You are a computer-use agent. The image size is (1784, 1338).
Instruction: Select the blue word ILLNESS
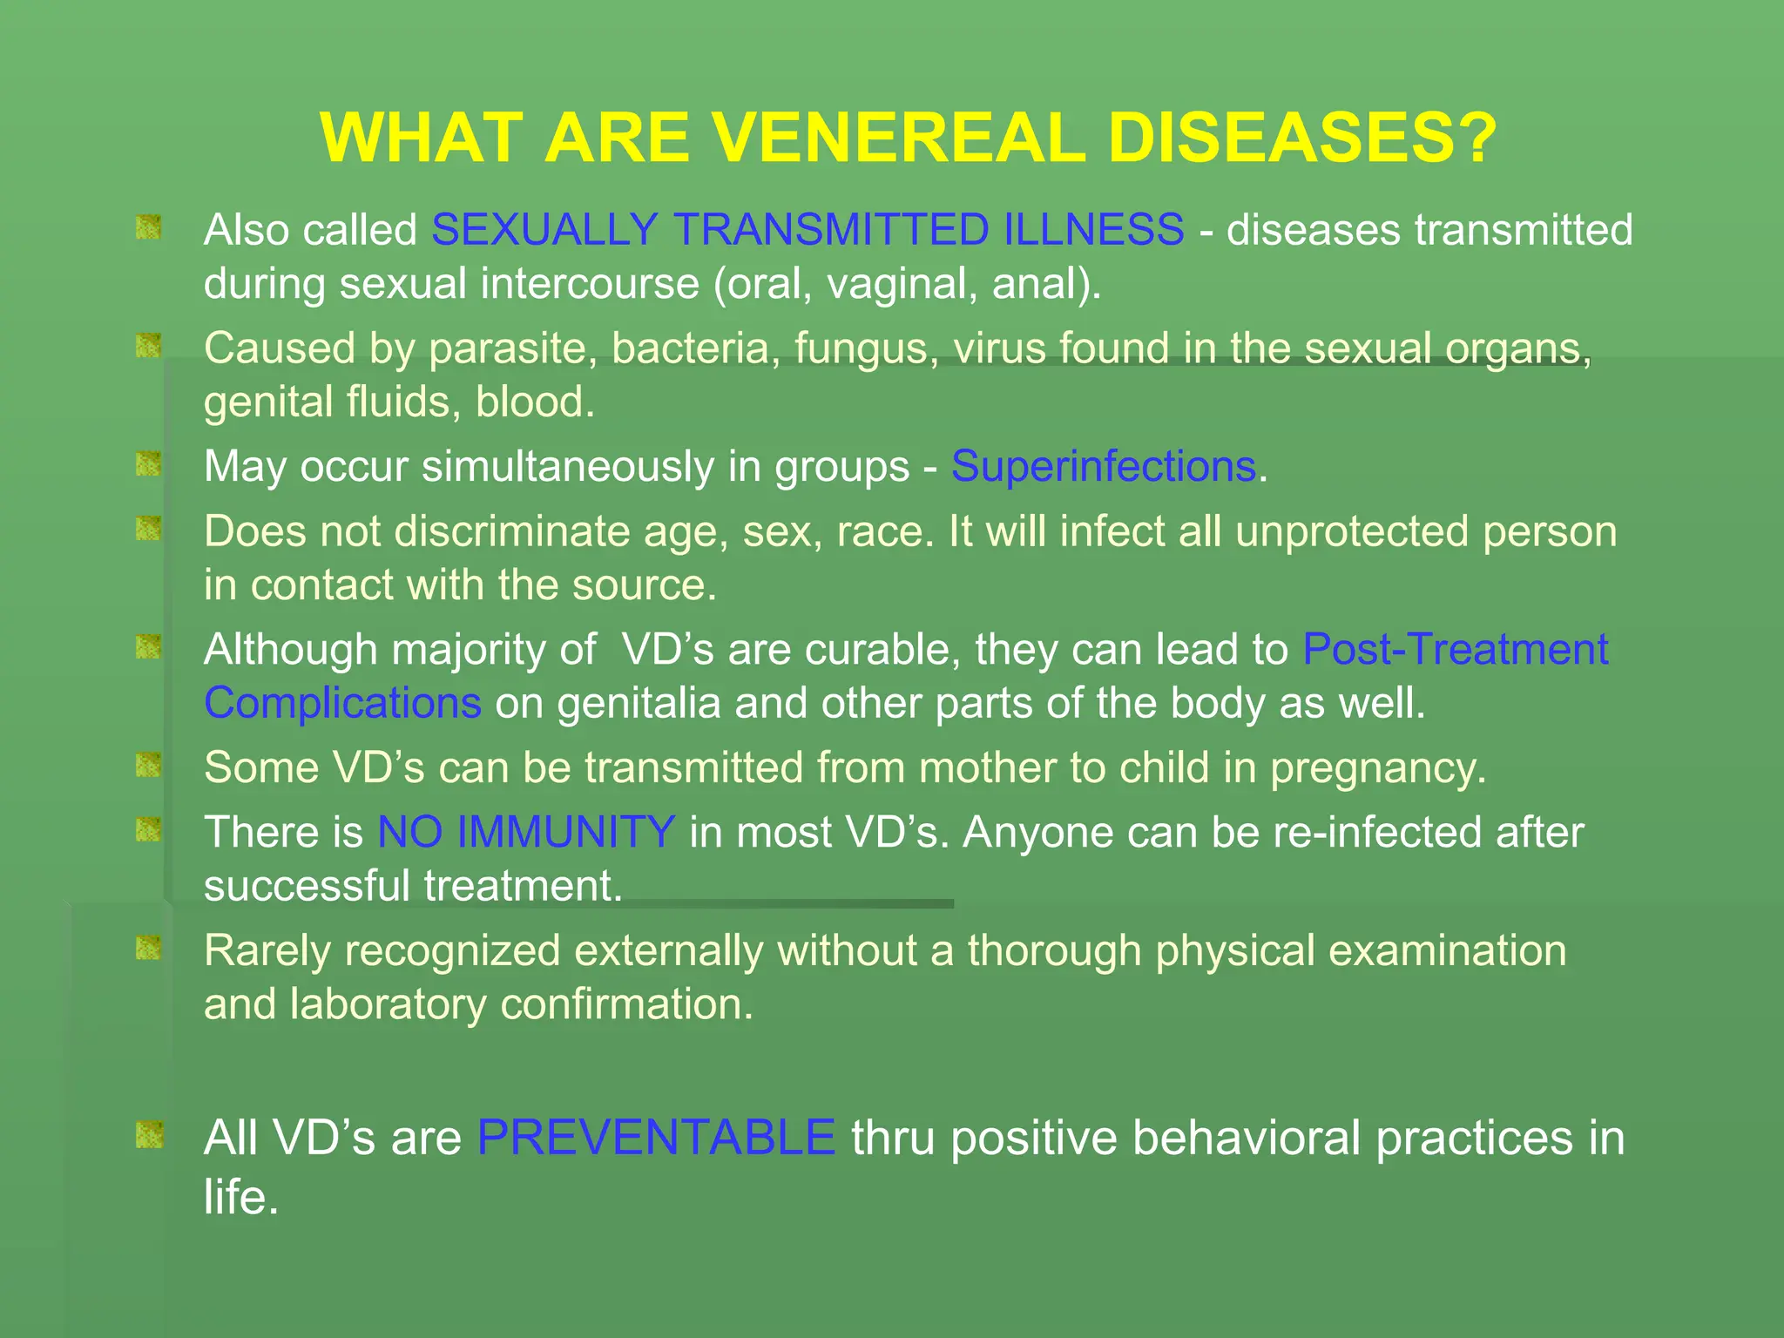[1093, 230]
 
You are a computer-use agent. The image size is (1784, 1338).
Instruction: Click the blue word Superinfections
[1103, 466]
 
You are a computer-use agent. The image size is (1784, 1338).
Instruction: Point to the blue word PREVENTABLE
[656, 1138]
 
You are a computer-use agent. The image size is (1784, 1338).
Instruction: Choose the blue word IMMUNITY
[565, 832]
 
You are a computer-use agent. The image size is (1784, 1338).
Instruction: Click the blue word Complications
[342, 703]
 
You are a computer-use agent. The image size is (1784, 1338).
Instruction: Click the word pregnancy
[1377, 768]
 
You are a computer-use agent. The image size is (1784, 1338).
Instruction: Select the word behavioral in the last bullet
[1243, 1138]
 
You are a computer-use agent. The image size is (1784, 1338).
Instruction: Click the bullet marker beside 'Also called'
[149, 228]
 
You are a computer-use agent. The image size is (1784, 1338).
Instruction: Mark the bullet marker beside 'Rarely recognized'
[149, 948]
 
